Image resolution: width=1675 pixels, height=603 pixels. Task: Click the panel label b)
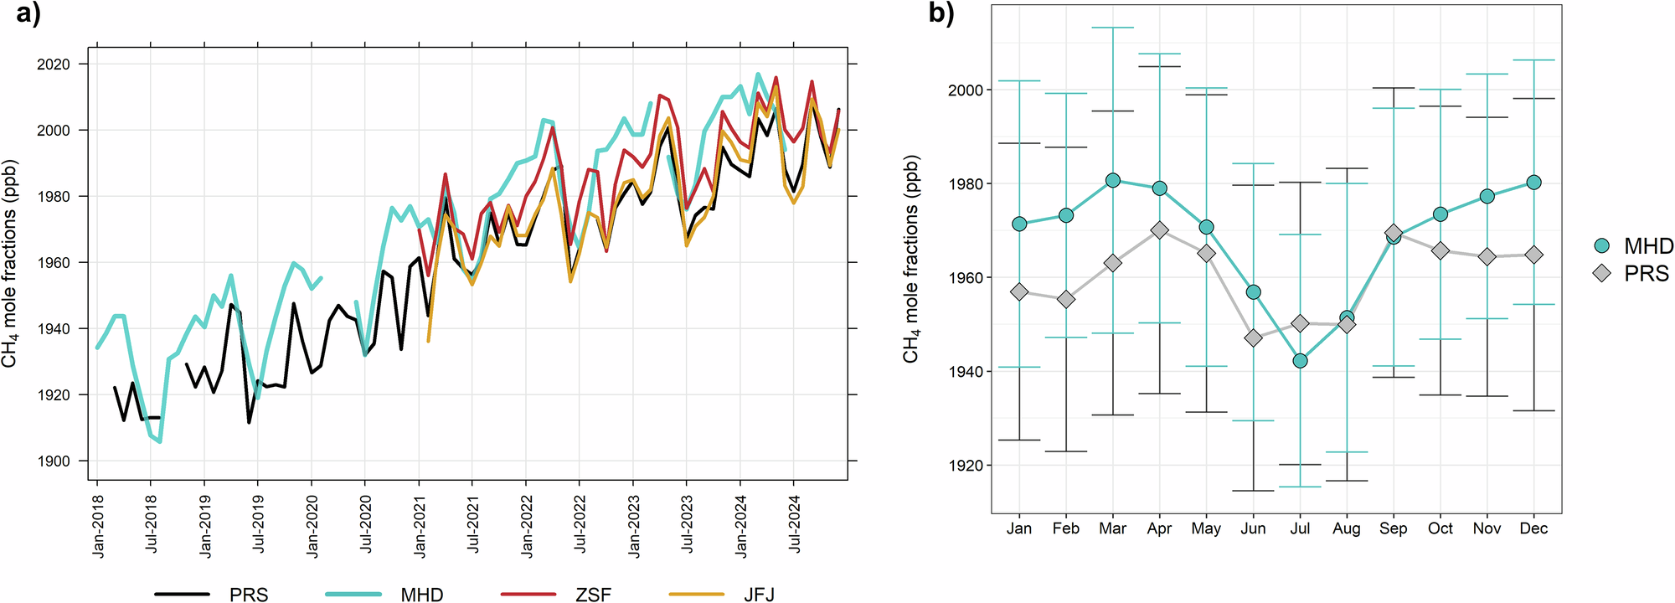coord(941,14)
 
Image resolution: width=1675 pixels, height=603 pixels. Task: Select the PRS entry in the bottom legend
coord(248,594)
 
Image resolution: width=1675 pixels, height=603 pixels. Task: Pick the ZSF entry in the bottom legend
coord(593,594)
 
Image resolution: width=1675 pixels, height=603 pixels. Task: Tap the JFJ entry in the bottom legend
coord(759,594)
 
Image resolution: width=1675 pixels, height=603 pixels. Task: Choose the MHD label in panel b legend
coord(1648,245)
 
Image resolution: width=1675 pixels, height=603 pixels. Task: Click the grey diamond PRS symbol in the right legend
coord(1602,273)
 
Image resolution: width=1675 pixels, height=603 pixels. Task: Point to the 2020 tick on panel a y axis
coord(54,64)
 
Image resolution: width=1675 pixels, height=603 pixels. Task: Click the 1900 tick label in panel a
coord(54,461)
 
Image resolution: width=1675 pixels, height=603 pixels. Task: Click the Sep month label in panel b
coord(1393,528)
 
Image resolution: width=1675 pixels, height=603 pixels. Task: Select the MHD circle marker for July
coord(1300,361)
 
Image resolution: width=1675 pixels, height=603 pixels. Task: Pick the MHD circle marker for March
coord(1112,180)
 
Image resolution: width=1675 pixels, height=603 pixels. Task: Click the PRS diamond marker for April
coord(1159,230)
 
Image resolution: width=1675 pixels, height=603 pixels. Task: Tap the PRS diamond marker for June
coord(1253,338)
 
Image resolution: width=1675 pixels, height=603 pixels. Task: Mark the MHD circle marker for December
coord(1533,183)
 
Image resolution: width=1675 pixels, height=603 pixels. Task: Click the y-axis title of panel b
coord(911,260)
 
